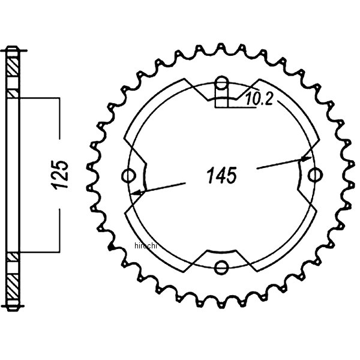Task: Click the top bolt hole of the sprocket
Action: (x=221, y=83)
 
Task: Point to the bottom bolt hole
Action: (x=222, y=266)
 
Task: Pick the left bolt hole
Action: (x=127, y=175)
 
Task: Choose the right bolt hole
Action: (x=314, y=175)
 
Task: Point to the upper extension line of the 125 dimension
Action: (x=39, y=96)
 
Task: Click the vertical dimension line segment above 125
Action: (x=59, y=126)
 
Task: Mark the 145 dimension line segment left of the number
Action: (x=171, y=185)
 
